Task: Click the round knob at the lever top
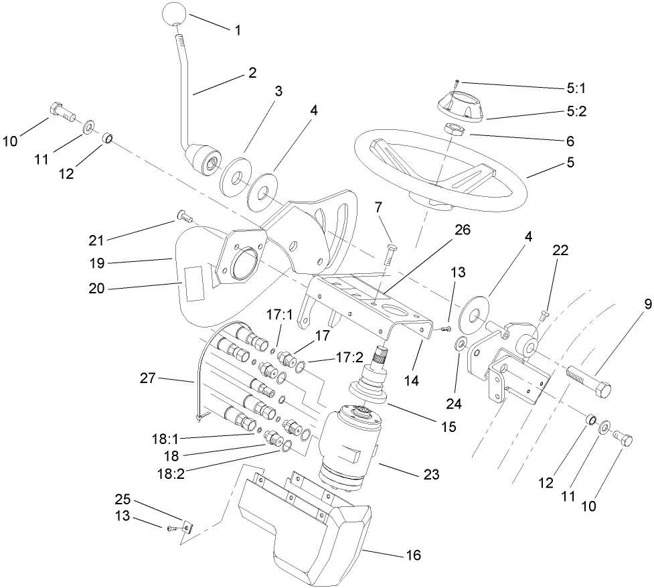tap(176, 13)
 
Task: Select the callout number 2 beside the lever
tap(252, 74)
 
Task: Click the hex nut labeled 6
tap(454, 129)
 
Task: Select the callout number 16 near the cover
tap(412, 555)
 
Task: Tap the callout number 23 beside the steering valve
tap(431, 475)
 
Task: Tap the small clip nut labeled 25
tap(188, 526)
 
